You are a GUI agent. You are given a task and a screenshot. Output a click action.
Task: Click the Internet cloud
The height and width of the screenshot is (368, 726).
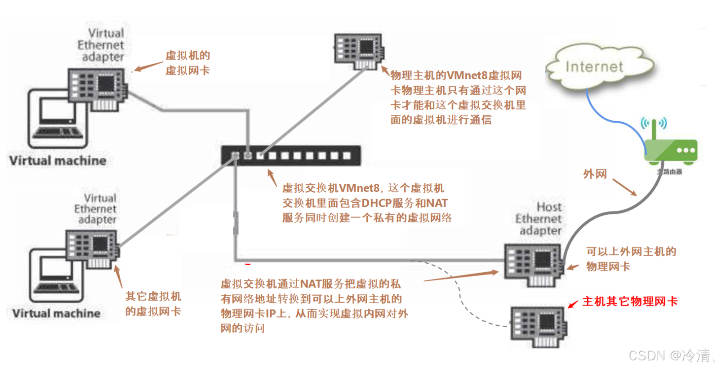click(x=594, y=67)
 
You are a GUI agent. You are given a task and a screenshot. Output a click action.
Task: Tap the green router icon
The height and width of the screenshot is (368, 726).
click(x=671, y=150)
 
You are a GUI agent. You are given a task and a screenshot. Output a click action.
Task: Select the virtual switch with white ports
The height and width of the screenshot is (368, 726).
click(x=290, y=155)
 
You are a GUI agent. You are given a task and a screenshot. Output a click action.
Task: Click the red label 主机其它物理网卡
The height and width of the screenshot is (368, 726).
click(x=629, y=301)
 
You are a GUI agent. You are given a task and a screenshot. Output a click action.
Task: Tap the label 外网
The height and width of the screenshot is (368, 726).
click(x=595, y=174)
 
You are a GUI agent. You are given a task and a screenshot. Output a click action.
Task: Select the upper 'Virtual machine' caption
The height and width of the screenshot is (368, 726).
click(x=58, y=160)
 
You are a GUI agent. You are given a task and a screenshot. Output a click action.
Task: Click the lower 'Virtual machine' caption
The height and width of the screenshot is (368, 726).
click(x=57, y=313)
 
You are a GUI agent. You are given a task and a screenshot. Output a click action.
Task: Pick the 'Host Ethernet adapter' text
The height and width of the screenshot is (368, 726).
click(x=539, y=219)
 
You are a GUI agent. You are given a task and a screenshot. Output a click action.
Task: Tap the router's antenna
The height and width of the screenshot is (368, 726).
click(x=654, y=129)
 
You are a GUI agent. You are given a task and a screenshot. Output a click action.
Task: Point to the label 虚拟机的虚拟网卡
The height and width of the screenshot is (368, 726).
click(x=187, y=63)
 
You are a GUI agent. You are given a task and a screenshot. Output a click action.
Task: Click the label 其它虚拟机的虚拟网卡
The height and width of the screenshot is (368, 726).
click(x=153, y=304)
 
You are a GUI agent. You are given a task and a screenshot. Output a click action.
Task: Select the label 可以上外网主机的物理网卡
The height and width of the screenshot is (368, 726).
click(x=630, y=259)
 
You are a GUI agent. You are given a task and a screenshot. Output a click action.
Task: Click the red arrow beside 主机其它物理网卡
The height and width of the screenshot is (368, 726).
click(x=573, y=304)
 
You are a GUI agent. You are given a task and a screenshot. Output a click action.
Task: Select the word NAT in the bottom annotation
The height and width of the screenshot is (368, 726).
click(x=310, y=284)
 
